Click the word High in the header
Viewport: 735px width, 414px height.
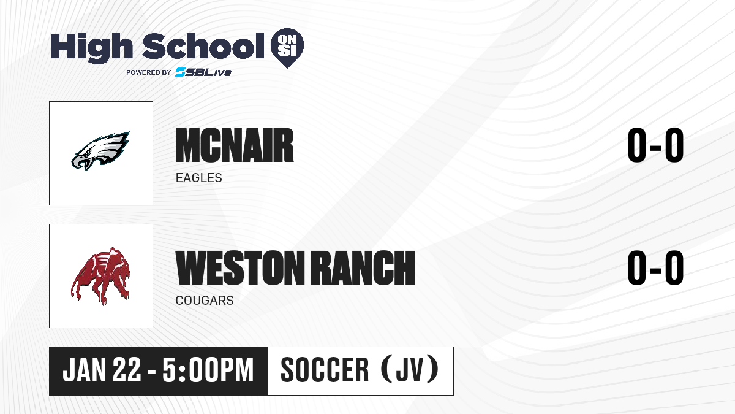tap(91, 47)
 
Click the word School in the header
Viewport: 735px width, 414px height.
tap(203, 45)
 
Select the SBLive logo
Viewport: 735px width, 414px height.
tap(203, 72)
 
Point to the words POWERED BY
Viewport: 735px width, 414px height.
tap(149, 72)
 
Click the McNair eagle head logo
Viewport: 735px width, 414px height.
tap(100, 151)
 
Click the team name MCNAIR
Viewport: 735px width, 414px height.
tap(235, 145)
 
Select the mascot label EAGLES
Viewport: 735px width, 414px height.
tap(199, 178)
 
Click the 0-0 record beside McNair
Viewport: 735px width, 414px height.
tap(655, 145)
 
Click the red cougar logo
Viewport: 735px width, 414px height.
tap(100, 275)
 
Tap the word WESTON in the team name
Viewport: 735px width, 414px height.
tap(240, 268)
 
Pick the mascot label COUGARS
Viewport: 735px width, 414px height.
tap(205, 301)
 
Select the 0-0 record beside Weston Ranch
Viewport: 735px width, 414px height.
tap(655, 268)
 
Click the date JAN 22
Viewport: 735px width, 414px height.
tap(102, 370)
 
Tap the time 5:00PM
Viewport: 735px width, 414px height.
tap(208, 370)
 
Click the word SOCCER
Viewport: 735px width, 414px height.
tap(325, 370)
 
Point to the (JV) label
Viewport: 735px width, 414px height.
tap(410, 369)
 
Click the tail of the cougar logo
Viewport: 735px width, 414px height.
tap(75, 286)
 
